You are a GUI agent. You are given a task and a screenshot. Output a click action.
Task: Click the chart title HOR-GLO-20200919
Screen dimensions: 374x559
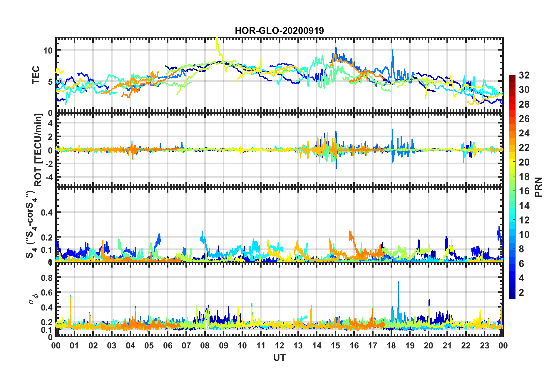(x=279, y=31)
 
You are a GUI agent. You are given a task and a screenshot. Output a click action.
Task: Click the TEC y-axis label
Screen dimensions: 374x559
(x=36, y=75)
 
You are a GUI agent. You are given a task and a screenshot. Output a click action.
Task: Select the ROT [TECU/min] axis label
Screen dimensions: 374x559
(x=38, y=150)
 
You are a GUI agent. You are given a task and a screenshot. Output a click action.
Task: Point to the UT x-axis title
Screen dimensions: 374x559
(x=279, y=358)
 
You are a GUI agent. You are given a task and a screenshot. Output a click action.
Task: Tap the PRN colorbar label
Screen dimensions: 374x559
(x=538, y=187)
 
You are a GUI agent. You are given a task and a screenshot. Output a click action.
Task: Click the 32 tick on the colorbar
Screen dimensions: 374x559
(x=524, y=75)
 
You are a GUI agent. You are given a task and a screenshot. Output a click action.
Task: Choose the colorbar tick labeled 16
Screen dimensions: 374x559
(x=524, y=191)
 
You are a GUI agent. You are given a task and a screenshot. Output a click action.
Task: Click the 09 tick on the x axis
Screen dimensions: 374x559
(x=223, y=345)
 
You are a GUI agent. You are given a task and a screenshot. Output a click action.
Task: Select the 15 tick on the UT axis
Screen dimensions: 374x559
(x=335, y=345)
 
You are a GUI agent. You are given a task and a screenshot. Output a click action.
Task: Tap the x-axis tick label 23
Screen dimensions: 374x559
(x=484, y=345)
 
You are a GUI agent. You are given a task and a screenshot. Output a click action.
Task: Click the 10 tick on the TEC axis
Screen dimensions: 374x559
(x=48, y=51)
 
